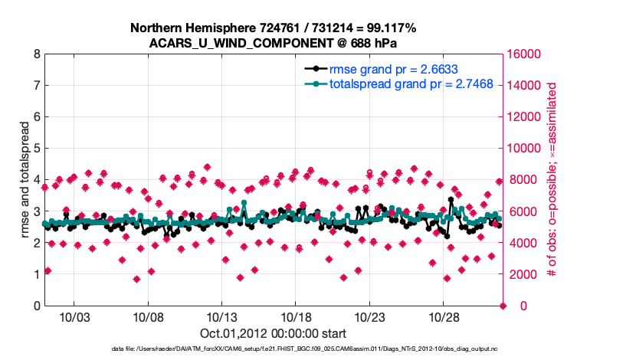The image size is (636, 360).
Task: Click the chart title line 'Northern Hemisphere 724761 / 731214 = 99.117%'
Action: pos(273,28)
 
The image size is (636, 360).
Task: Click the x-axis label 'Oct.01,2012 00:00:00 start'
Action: pos(273,333)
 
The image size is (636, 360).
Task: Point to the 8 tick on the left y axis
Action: pos(36,54)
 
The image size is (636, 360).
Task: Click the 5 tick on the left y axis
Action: pos(36,149)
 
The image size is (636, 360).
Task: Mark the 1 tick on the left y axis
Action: pos(36,274)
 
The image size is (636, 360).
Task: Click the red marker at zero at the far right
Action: pos(503,306)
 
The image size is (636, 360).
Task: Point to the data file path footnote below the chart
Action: pos(273,349)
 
